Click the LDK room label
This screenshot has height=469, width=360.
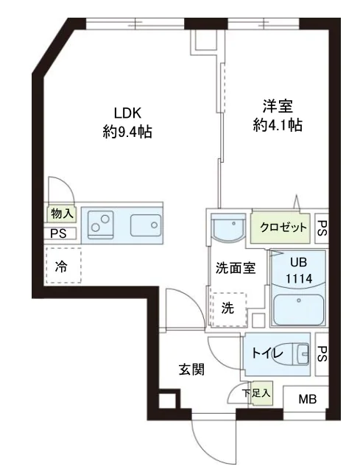[x=127, y=113]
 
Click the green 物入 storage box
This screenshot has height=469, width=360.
[x=62, y=214]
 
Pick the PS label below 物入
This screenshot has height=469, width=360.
[x=58, y=234]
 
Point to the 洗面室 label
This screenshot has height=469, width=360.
[x=235, y=268]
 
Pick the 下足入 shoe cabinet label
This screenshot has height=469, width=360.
[x=257, y=394]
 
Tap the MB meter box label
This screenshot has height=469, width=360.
[x=307, y=400]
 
